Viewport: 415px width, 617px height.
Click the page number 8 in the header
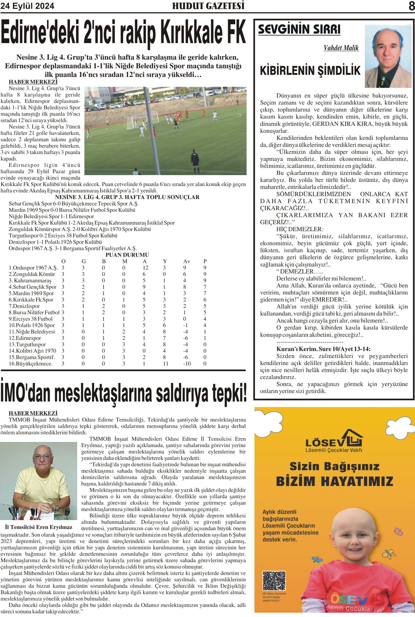click(411, 6)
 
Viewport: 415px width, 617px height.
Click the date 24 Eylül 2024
click(27, 6)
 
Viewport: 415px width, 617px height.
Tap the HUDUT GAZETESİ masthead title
click(208, 6)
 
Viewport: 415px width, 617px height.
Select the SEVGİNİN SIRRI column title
click(299, 29)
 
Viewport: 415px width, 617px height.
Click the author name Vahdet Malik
click(341, 48)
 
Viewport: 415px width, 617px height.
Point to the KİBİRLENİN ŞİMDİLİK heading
click(310, 70)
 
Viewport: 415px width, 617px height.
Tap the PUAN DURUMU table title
click(127, 255)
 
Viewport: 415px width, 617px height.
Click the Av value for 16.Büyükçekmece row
click(187, 364)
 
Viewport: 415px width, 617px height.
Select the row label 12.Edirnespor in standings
click(25, 338)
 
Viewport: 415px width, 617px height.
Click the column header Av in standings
click(186, 261)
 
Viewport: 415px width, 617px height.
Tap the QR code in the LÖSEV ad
click(274, 581)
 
